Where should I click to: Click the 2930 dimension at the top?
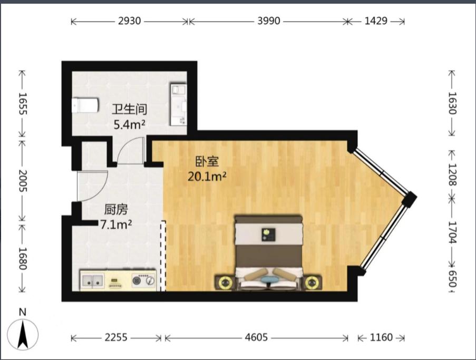129,21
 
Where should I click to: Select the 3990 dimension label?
269,21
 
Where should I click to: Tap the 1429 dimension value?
376,21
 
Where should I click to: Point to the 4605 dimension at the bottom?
256,337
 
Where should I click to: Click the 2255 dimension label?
116,337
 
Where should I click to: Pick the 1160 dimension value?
381,337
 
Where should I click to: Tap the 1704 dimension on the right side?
452,232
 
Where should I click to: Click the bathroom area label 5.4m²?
129,124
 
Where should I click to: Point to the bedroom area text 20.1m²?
207,176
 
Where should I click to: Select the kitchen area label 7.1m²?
116,225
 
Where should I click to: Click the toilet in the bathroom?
85,105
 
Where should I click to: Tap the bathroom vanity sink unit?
178,104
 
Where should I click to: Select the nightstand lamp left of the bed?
225,283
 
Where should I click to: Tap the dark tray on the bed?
269,235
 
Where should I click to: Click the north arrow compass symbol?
23,334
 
